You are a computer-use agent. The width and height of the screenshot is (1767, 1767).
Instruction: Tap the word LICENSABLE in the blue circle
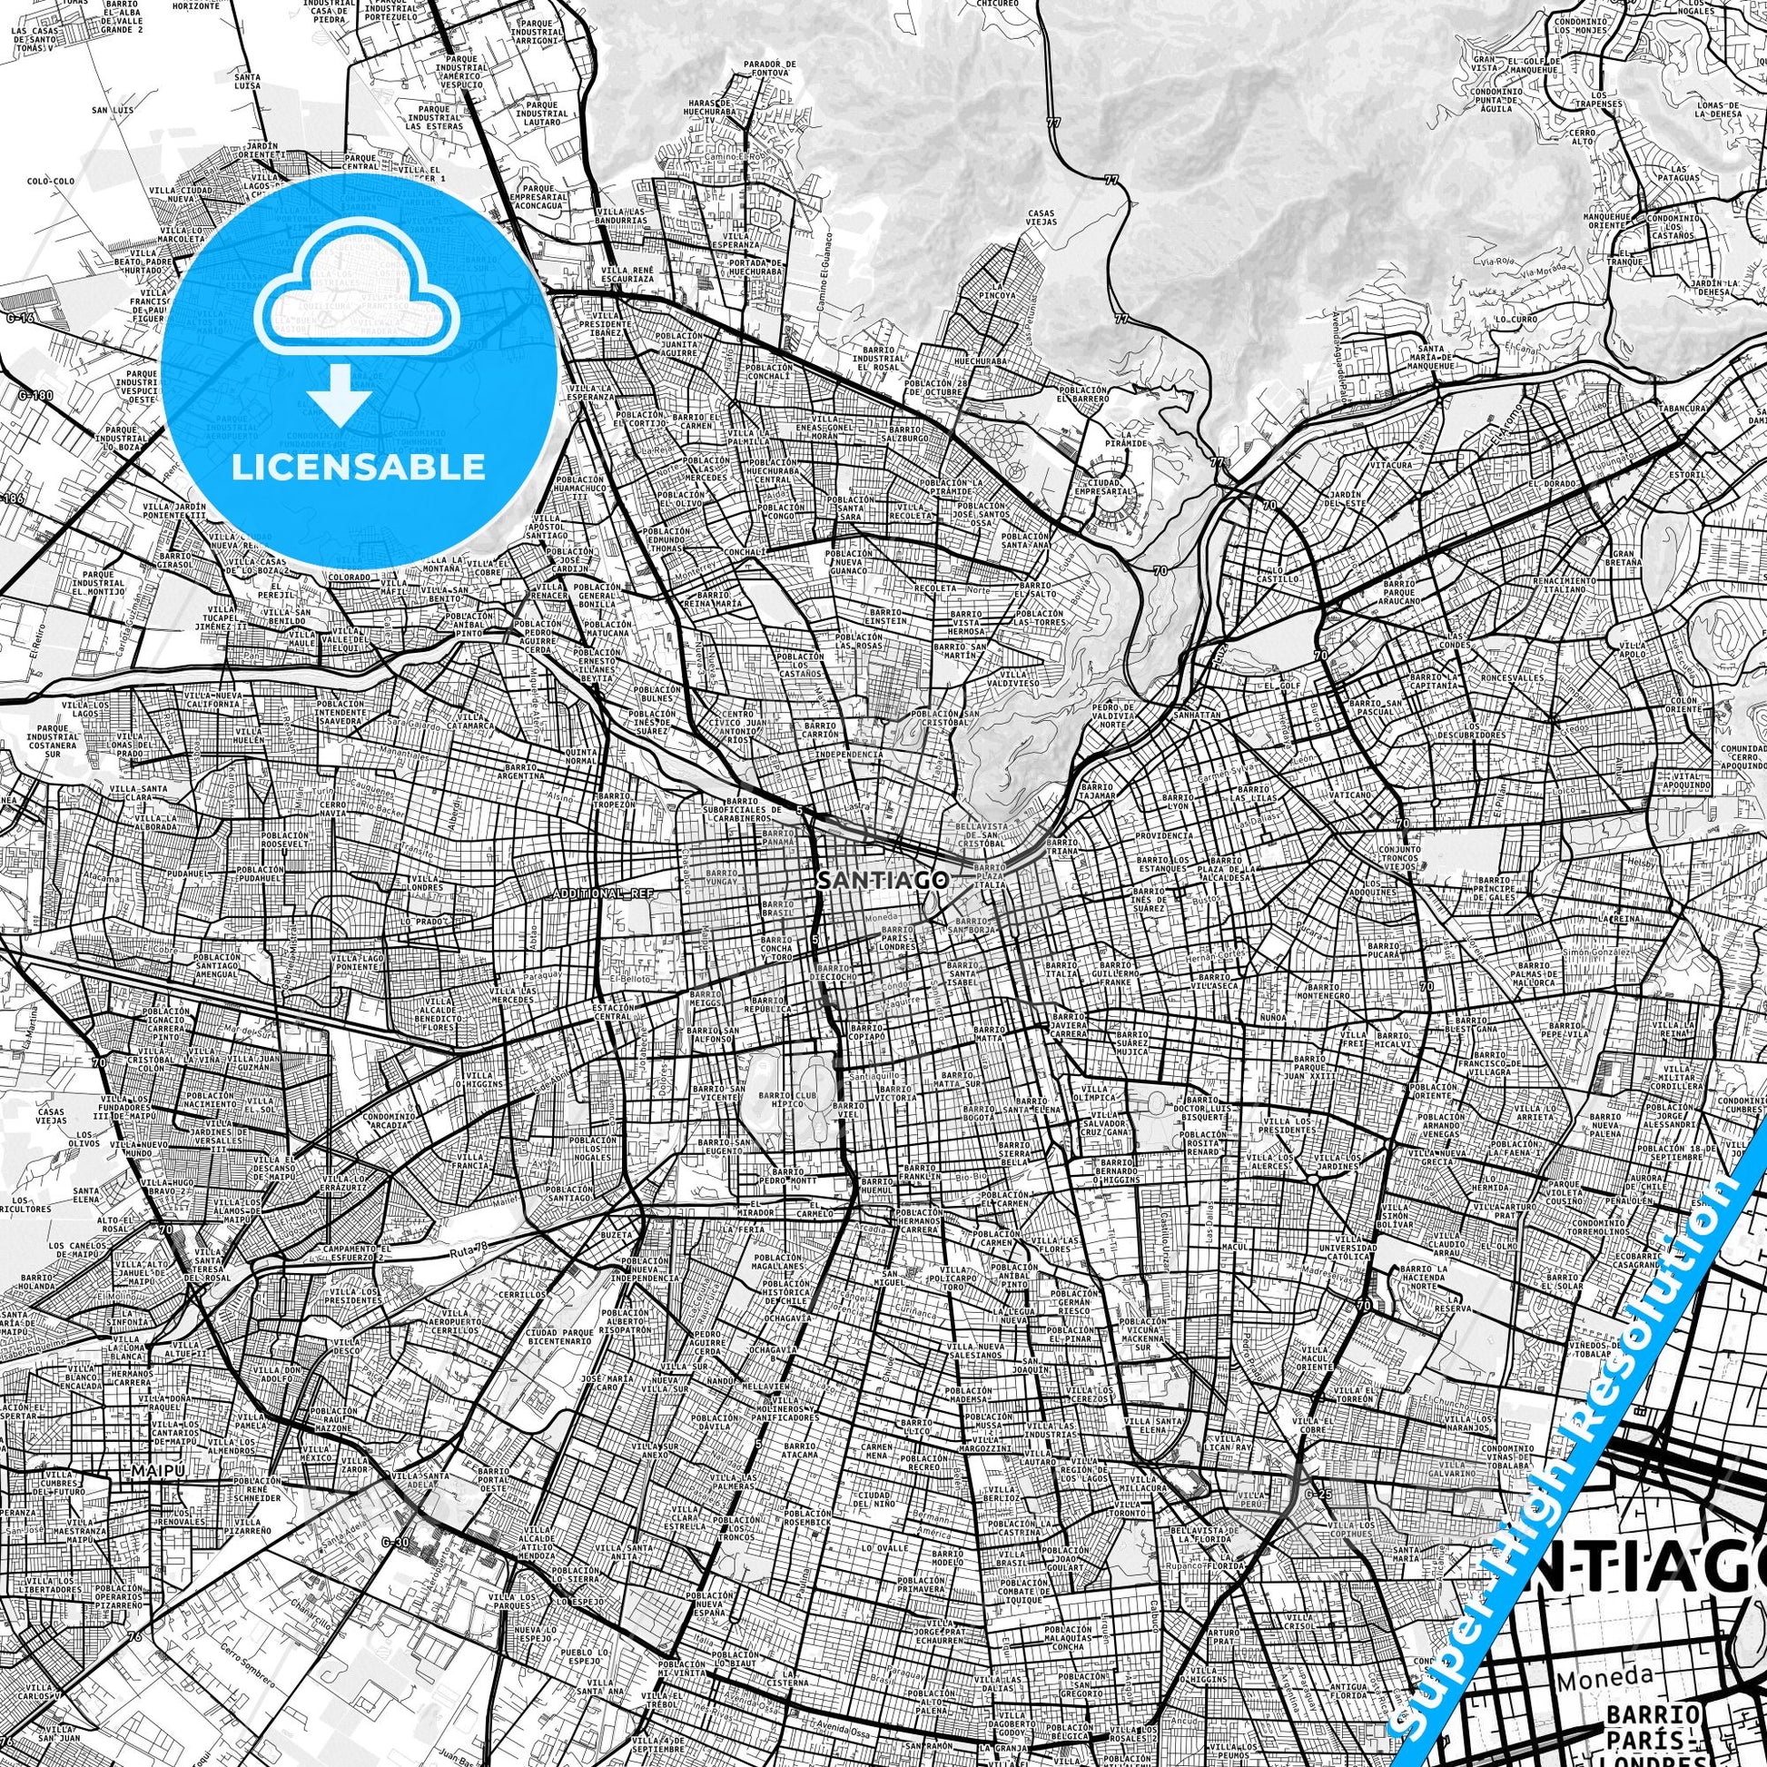click(358, 467)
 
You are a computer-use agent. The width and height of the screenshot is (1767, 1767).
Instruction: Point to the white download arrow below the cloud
click(340, 393)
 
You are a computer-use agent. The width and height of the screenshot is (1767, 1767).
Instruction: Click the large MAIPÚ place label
click(152, 1495)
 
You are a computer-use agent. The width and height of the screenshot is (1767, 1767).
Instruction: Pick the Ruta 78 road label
click(470, 1255)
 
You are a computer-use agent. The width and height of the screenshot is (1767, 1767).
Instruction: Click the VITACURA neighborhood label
click(1391, 465)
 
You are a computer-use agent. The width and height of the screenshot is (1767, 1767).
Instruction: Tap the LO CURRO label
click(1516, 320)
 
